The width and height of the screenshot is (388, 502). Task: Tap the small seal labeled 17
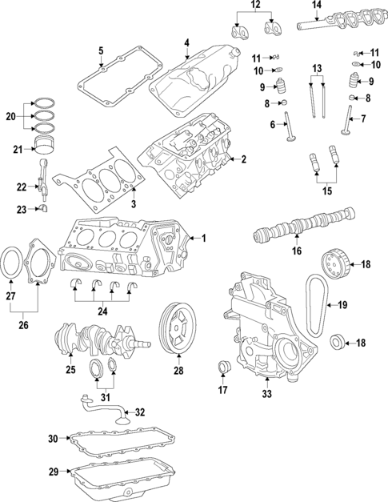pyautogui.click(x=224, y=367)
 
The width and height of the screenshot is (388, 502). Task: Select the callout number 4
pyautogui.click(x=186, y=42)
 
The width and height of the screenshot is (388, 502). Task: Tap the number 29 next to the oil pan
pyautogui.click(x=53, y=472)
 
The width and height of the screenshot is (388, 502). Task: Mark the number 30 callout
pyautogui.click(x=53, y=438)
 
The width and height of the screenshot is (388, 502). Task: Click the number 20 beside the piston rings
pyautogui.click(x=10, y=117)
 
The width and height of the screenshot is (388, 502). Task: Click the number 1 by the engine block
pyautogui.click(x=203, y=238)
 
